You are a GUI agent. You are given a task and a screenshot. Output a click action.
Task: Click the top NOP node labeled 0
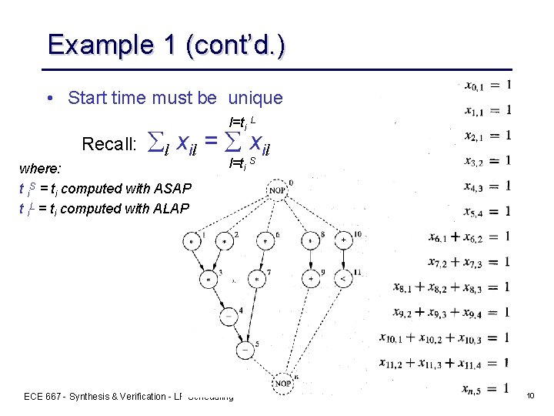(x=277, y=190)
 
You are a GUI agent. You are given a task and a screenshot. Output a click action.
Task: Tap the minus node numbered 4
(x=227, y=315)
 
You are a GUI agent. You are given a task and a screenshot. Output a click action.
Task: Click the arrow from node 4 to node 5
(x=236, y=332)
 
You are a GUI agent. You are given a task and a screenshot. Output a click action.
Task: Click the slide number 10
(x=530, y=395)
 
